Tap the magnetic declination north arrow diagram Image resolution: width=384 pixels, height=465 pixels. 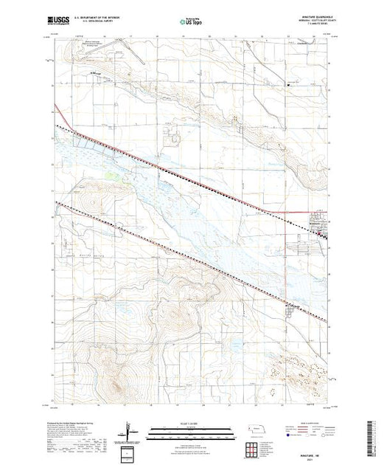coord(128,431)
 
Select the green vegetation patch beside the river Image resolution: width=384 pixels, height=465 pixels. coord(111,175)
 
